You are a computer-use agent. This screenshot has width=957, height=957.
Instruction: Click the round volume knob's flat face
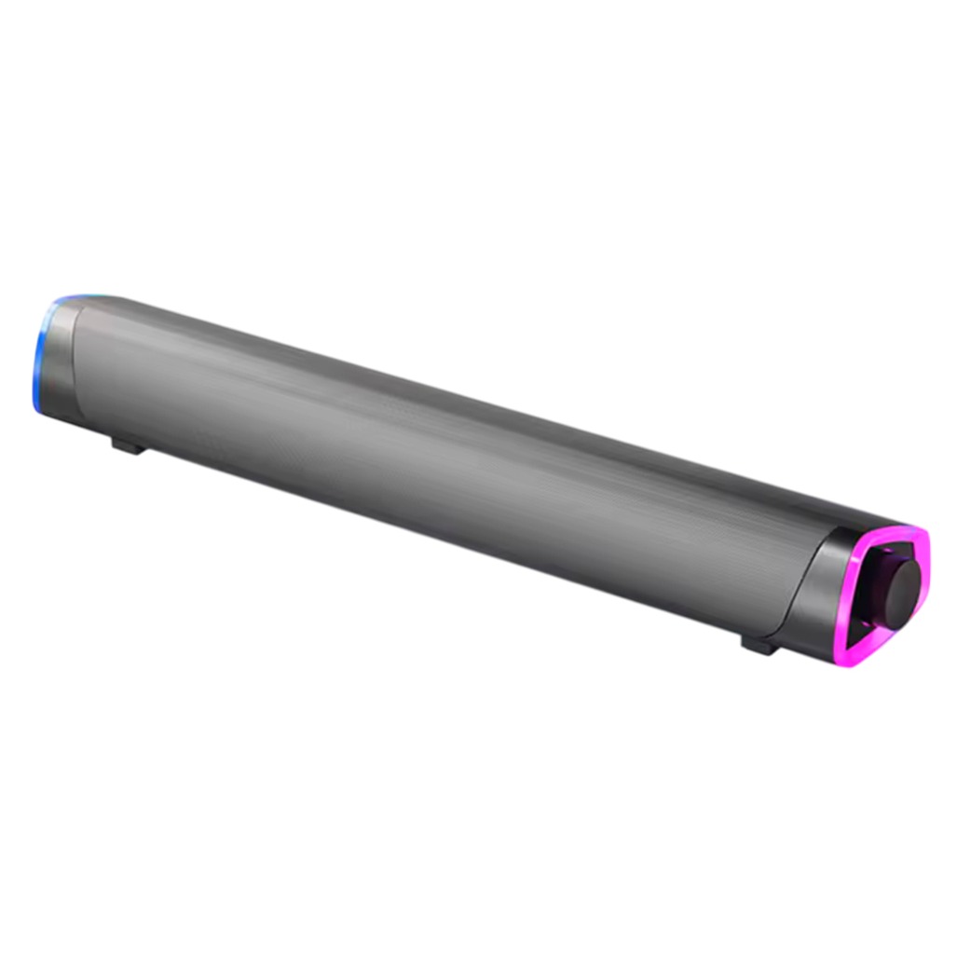pyautogui.click(x=904, y=595)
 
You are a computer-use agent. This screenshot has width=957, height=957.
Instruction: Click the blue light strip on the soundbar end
pyautogui.click(x=38, y=359)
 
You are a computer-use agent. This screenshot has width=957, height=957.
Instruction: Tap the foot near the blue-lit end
pyautogui.click(x=128, y=445)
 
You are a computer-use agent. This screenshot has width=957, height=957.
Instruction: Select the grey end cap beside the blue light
pyautogui.click(x=59, y=359)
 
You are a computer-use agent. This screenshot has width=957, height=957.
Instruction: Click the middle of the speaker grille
pyautogui.click(x=438, y=466)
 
